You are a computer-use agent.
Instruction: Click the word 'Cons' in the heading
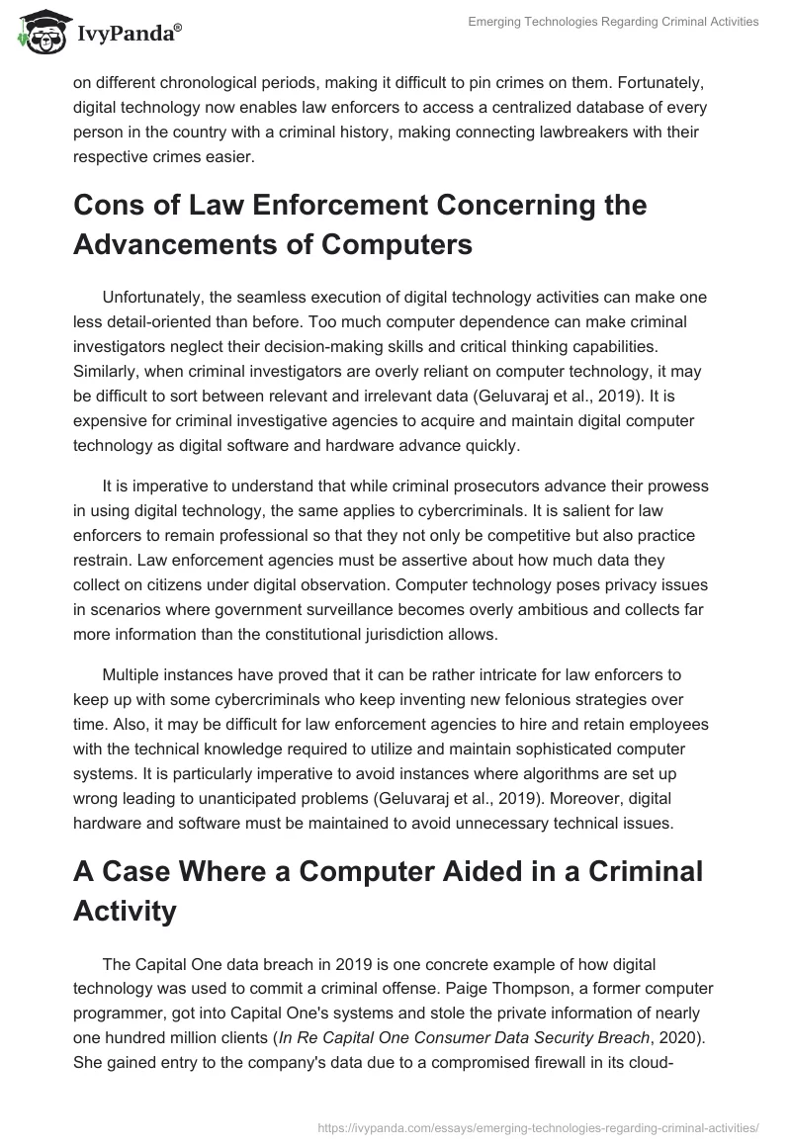[112, 206]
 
